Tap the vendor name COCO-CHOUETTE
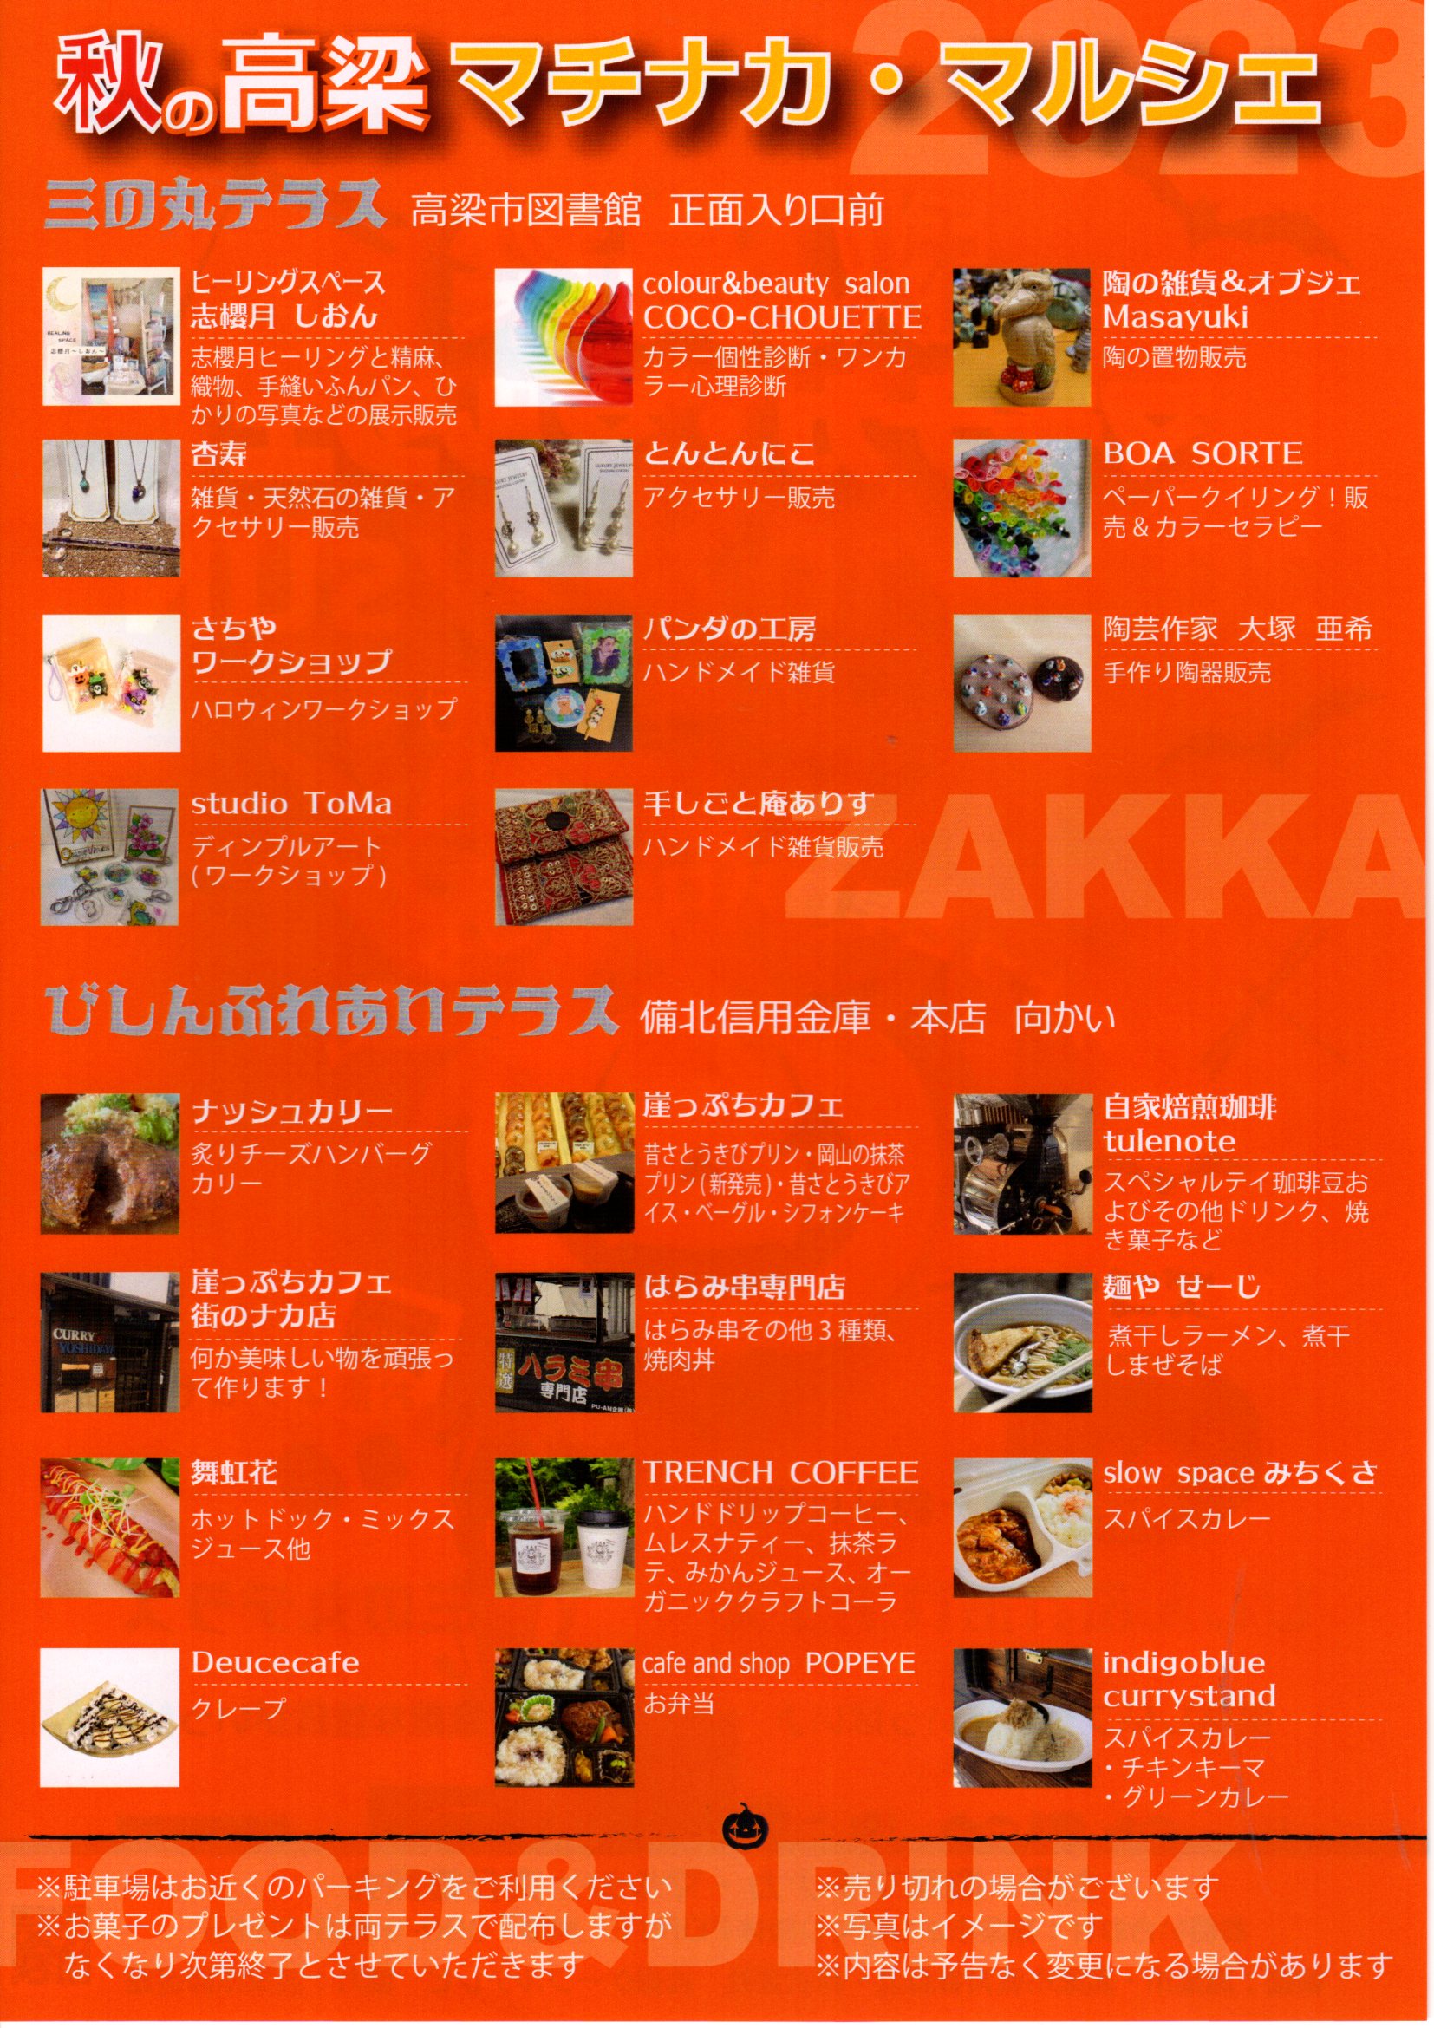tap(781, 317)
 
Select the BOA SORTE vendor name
tap(1202, 454)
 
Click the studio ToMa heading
tap(291, 804)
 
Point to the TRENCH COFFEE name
tap(780, 1472)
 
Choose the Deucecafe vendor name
tap(276, 1662)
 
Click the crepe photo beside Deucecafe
tap(109, 1717)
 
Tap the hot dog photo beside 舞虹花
tap(109, 1527)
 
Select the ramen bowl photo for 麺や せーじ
tap(1022, 1342)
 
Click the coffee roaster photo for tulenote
tap(1022, 1164)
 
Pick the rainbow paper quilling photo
tap(1022, 509)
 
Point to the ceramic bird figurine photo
tap(1022, 337)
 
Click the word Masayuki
tap(1176, 317)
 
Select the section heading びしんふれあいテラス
tap(329, 1012)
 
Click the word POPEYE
tap(860, 1662)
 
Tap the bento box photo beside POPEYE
tap(564, 1717)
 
